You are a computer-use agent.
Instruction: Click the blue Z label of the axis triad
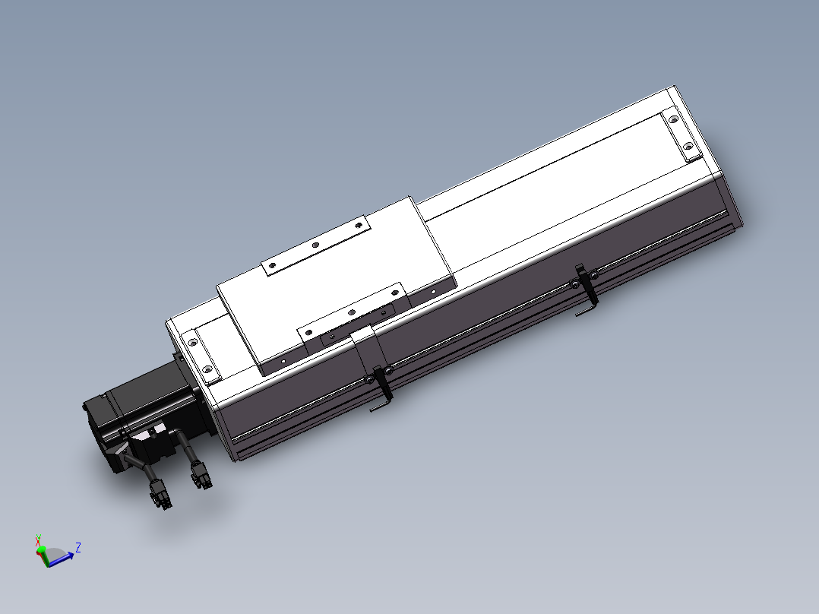pyautogui.click(x=78, y=546)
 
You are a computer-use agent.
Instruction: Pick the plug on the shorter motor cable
pyautogui.click(x=201, y=478)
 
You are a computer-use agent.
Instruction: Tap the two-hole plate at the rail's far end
pyautogui.click(x=681, y=135)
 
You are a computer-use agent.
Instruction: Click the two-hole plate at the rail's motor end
pyautogui.click(x=201, y=354)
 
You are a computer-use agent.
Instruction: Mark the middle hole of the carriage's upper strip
pyautogui.click(x=315, y=245)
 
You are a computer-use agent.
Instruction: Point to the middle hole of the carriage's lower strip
pyautogui.click(x=351, y=312)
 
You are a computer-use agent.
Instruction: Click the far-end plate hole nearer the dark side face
pyautogui.click(x=688, y=146)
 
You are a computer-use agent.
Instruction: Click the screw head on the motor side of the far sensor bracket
pyautogui.click(x=572, y=285)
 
